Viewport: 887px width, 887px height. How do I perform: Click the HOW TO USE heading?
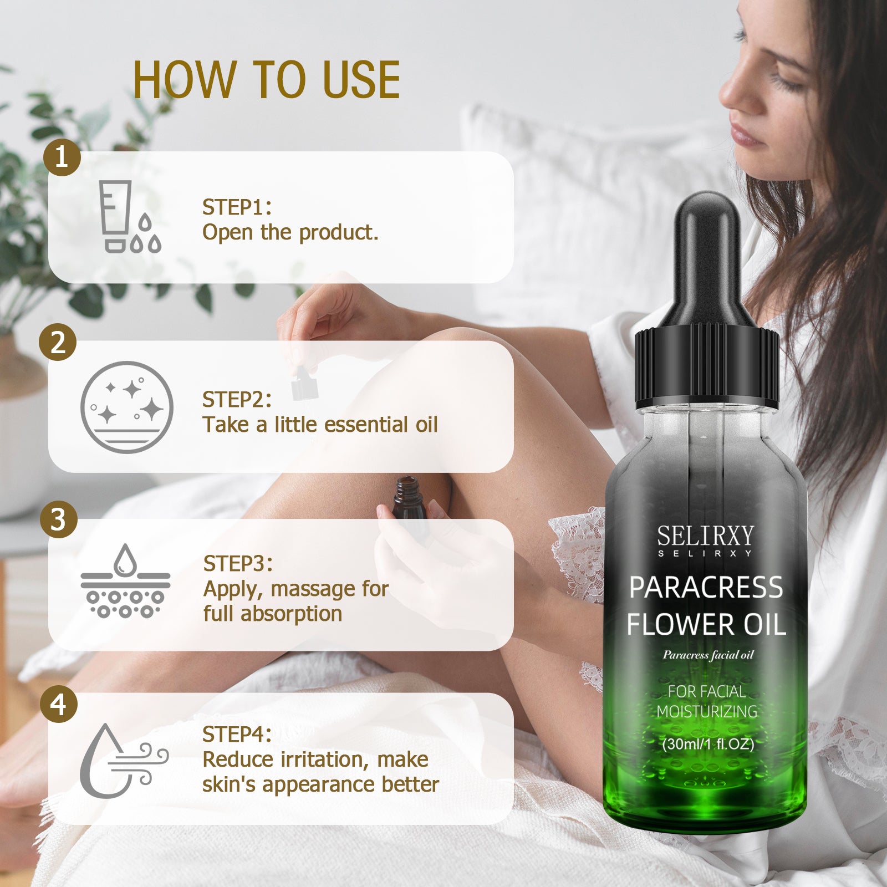pyautogui.click(x=266, y=80)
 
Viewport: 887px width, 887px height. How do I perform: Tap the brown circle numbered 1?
pyautogui.click(x=62, y=157)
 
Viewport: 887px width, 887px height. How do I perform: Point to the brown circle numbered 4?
pyautogui.click(x=59, y=704)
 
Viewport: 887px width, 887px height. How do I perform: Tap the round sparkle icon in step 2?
pyautogui.click(x=127, y=407)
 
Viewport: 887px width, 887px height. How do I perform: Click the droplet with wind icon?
pyautogui.click(x=124, y=759)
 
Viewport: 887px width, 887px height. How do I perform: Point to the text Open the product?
pyautogui.click(x=290, y=233)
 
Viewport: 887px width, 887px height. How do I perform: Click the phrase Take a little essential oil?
pyautogui.click(x=320, y=425)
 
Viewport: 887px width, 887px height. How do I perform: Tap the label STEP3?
pyautogui.click(x=238, y=564)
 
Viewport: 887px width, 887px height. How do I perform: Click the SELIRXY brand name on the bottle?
pyautogui.click(x=705, y=536)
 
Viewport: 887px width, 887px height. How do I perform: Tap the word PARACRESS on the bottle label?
pyautogui.click(x=706, y=588)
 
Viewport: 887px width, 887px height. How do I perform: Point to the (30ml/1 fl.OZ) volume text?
pyautogui.click(x=708, y=744)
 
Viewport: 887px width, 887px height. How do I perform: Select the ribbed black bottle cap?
pyautogui.click(x=707, y=369)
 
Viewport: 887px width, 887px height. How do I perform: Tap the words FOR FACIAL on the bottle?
pyautogui.click(x=706, y=692)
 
